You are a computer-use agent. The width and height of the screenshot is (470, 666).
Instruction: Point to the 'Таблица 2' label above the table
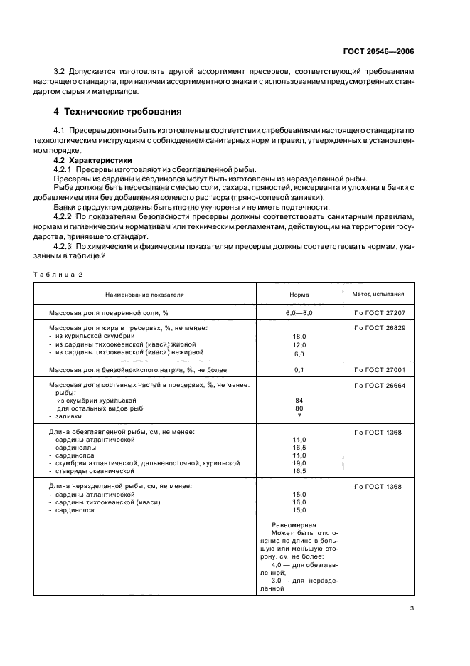[x=60, y=274]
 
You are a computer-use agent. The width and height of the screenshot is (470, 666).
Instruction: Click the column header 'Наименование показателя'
[x=144, y=293]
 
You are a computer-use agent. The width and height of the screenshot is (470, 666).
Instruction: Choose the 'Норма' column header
[x=299, y=293]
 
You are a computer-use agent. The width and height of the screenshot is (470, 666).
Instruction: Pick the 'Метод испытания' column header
[x=378, y=292]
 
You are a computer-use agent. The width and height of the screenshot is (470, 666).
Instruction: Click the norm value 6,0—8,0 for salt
[x=299, y=312]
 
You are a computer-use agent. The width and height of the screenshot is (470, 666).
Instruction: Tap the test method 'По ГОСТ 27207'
[x=378, y=312]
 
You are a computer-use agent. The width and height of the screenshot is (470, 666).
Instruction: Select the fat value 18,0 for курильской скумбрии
[x=299, y=336]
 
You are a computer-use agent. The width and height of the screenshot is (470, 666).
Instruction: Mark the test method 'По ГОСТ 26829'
[x=378, y=327]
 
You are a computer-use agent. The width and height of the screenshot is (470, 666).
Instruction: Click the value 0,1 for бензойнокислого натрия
[x=299, y=370]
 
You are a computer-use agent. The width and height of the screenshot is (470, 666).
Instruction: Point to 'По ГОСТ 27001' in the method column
[x=378, y=370]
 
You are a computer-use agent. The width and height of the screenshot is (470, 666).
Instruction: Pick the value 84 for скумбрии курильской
[x=299, y=401]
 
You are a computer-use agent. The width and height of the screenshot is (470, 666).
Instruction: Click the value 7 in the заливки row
[x=299, y=416]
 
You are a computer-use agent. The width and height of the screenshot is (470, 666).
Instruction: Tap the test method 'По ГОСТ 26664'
[x=378, y=385]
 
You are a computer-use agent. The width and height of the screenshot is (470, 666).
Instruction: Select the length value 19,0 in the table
[x=299, y=462]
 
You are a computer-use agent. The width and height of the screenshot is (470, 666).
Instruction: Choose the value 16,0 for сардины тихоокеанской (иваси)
[x=299, y=502]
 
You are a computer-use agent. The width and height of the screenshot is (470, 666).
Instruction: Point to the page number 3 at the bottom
[x=412, y=608]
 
